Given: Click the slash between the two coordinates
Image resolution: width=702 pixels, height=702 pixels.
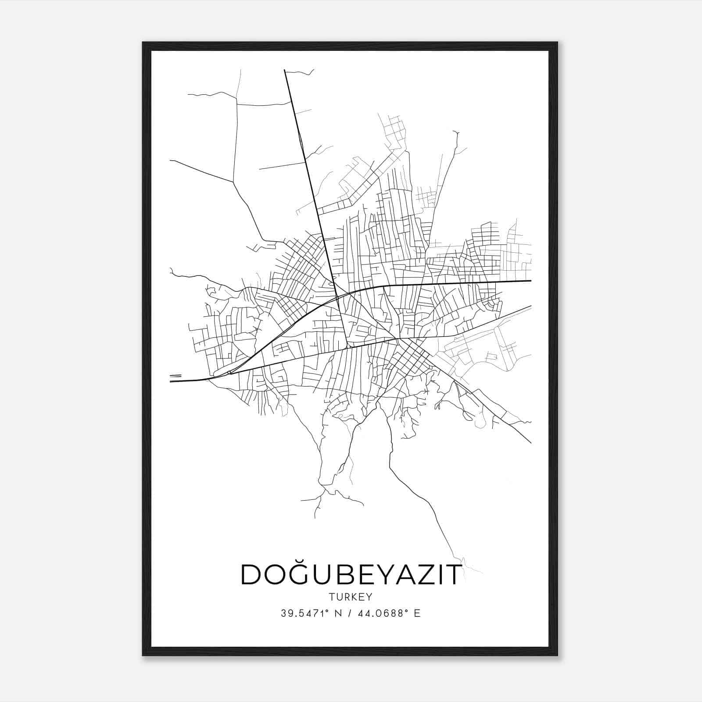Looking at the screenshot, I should (350, 613).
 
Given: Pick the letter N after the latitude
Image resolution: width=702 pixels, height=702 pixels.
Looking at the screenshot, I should (337, 613).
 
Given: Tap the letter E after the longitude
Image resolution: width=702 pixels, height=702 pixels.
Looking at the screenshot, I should (417, 613).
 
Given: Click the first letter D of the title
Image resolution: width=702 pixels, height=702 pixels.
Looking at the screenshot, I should (251, 575).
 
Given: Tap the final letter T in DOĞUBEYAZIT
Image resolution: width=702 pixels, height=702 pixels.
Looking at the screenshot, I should (453, 575).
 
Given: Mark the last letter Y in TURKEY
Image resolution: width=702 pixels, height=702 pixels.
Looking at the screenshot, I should (369, 597).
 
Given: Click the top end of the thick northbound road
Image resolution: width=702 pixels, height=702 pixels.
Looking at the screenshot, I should (285, 70).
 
